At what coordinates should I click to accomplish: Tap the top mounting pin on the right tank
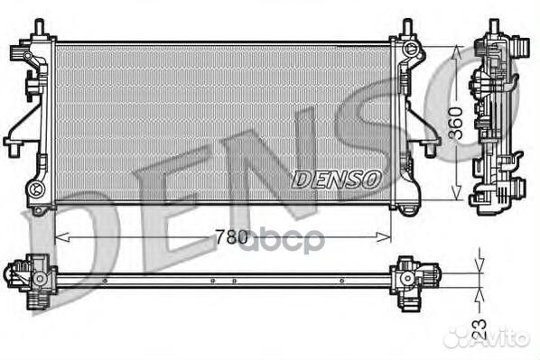(406, 27)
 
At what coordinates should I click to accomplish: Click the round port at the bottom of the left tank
(36, 189)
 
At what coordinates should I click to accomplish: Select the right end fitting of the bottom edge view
(414, 273)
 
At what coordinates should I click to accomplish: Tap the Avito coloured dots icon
(458, 337)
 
